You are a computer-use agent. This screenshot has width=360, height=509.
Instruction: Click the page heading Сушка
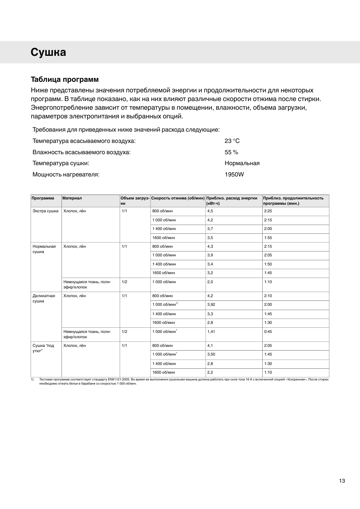[x=48, y=52]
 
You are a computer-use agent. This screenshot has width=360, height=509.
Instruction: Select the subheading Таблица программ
[x=65, y=80]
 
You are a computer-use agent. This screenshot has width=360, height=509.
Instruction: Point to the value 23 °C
[x=232, y=141]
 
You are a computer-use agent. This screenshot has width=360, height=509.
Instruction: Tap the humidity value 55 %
[x=231, y=152]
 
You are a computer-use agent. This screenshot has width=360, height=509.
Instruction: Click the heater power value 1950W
[x=234, y=175]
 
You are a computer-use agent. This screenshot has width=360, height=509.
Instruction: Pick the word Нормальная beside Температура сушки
[x=242, y=163]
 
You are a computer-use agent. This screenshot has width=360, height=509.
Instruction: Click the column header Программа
[x=43, y=198]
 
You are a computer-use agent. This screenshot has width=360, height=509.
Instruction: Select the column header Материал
[x=72, y=198]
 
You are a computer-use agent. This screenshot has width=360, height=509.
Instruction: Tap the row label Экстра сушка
[x=45, y=211]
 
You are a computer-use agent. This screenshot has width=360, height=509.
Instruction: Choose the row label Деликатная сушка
[x=44, y=298]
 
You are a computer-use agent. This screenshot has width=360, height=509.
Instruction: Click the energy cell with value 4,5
[x=210, y=211]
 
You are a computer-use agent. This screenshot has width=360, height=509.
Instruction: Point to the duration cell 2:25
[x=268, y=211]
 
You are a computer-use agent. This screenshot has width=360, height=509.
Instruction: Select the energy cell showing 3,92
[x=211, y=305]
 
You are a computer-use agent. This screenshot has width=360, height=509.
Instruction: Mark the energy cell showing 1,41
[x=211, y=332]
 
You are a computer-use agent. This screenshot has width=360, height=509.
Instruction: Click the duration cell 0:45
[x=268, y=332]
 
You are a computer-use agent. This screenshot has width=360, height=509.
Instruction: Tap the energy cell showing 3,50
[x=211, y=354]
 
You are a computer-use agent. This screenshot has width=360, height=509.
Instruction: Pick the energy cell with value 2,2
[x=210, y=373]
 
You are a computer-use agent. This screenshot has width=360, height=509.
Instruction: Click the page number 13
[x=342, y=481]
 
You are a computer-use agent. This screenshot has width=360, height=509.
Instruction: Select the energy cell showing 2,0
[x=210, y=282]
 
